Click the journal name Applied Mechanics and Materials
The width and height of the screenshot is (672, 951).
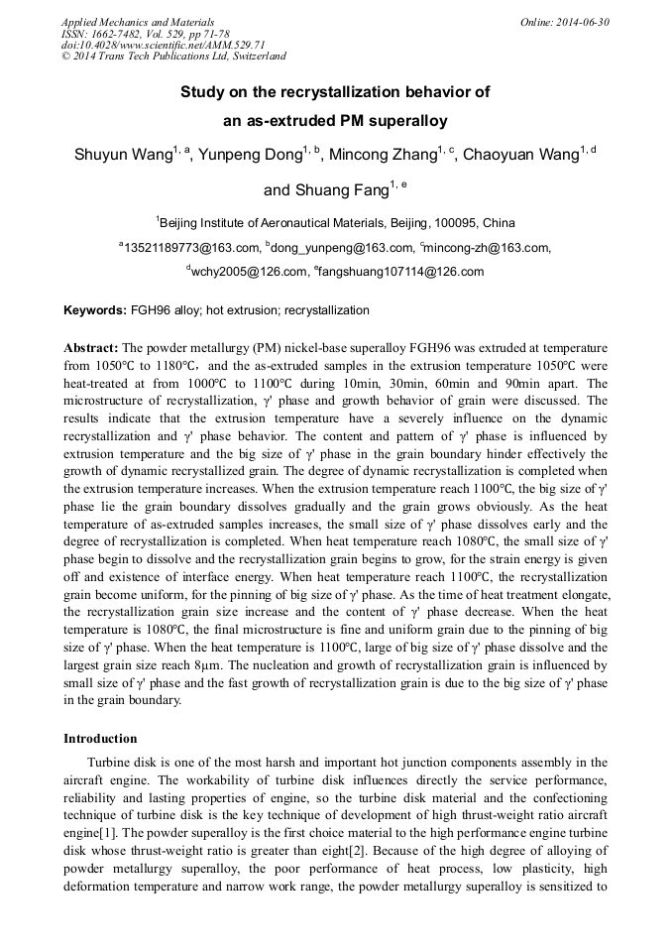pos(138,22)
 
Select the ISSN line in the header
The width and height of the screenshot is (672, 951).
pos(143,34)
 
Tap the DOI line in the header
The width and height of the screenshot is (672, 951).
pos(164,45)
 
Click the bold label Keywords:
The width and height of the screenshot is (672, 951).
pos(95,310)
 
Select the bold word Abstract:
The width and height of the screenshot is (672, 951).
pos(91,349)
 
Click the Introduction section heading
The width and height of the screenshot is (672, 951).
pos(100,739)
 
